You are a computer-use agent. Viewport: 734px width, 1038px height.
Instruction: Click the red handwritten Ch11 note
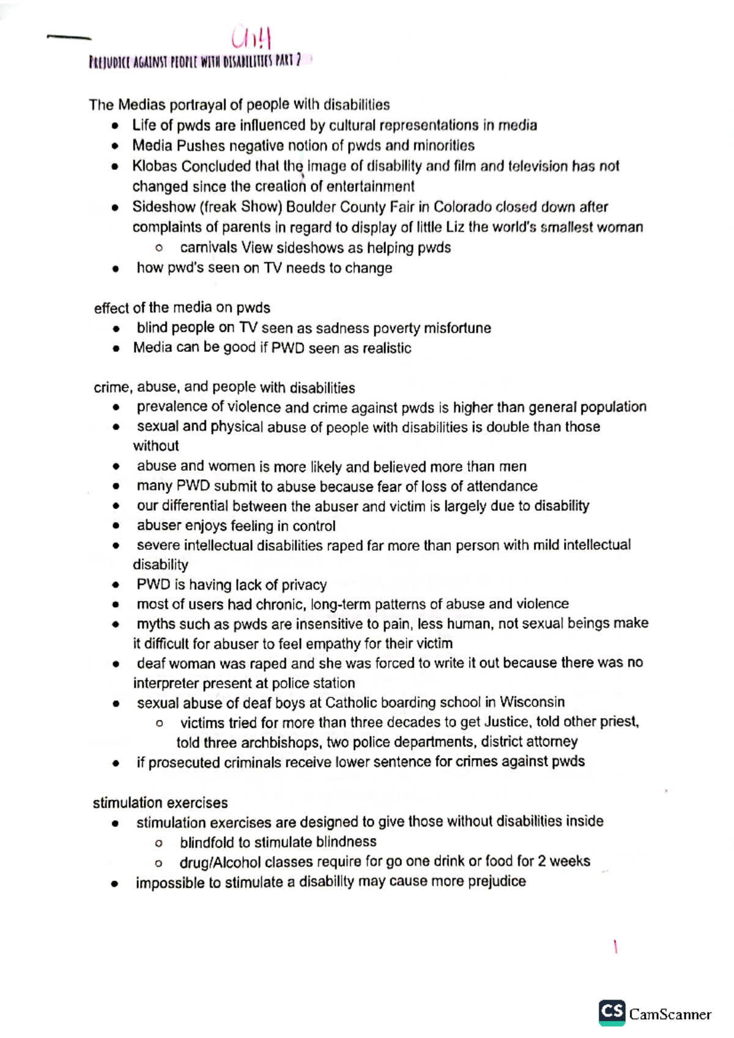click(x=251, y=39)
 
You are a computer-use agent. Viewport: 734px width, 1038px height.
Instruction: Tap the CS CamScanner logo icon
click(x=612, y=1013)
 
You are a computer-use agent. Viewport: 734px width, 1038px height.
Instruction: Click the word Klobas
click(x=156, y=166)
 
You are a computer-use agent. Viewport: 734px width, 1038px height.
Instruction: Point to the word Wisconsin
click(x=532, y=702)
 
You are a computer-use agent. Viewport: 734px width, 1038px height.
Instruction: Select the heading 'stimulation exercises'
click(x=160, y=803)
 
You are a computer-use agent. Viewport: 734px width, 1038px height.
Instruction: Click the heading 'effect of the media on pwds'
click(x=182, y=307)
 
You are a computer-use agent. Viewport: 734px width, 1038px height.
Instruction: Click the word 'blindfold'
click(x=207, y=842)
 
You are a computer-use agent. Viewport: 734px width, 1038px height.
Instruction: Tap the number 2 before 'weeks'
click(x=542, y=861)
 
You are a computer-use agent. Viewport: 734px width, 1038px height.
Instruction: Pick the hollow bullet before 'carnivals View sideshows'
click(x=159, y=248)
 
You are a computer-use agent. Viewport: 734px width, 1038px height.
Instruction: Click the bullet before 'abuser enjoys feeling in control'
click(x=115, y=526)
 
